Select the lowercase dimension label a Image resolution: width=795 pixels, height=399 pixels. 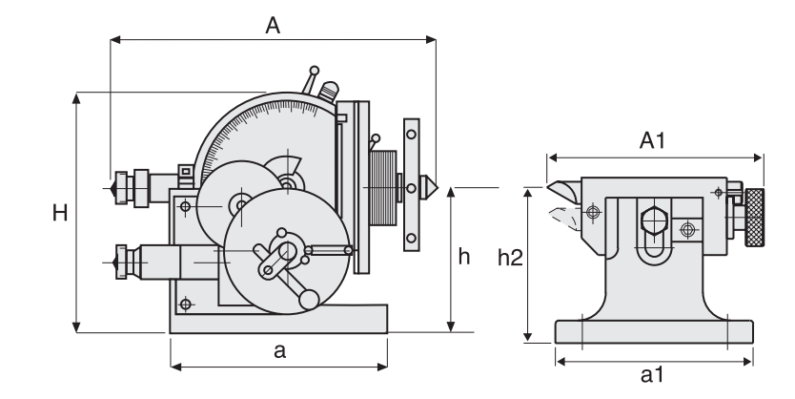(279, 351)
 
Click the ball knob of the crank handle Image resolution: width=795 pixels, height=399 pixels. (308, 300)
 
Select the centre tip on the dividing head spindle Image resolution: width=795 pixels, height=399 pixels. (428, 185)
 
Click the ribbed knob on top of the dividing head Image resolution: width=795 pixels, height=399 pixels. (327, 92)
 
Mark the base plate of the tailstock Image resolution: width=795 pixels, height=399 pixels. (653, 330)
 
